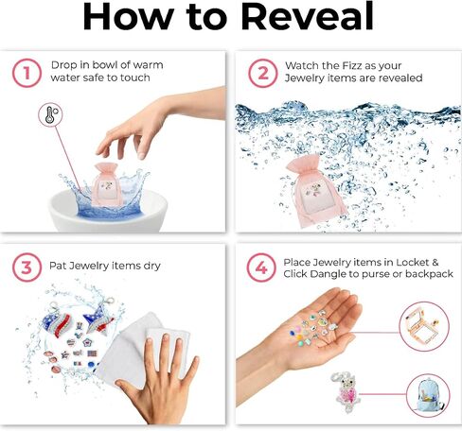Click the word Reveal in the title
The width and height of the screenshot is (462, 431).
point(308,16)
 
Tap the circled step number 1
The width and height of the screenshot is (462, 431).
point(27,73)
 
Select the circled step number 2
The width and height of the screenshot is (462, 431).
point(263,73)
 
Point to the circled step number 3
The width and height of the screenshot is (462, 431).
point(27,267)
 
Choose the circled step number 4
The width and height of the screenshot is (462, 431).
point(261,267)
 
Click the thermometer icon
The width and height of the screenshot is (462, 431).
point(50,115)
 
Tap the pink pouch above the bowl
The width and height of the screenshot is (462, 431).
point(107,184)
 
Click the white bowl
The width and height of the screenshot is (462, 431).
point(108,211)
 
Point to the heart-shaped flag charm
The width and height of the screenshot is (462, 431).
point(60,322)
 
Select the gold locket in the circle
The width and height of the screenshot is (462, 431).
point(421,327)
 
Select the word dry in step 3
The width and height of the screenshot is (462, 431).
point(152,267)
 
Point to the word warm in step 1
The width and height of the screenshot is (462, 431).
point(149,65)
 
